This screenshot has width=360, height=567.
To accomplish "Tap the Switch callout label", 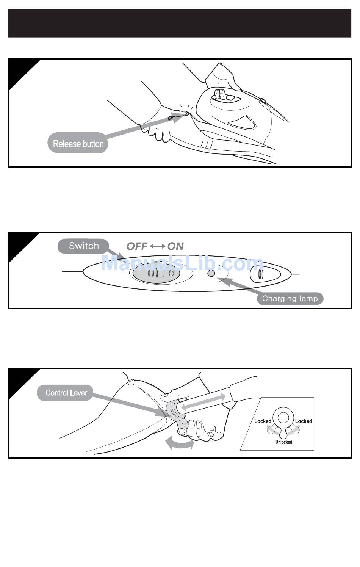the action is pos(83,246).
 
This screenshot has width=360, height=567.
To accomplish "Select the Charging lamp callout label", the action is pos(290,298).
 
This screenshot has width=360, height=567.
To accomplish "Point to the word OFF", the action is pos(137,246).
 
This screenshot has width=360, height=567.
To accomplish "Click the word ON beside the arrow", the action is pos(175,246).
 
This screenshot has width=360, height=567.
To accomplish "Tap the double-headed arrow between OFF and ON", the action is pos(158,246).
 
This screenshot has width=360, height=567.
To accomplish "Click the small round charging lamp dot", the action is pos(211,273).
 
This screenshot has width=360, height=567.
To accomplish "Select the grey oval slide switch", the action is pos(156,273).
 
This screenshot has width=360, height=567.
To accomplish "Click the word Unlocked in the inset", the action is pos(284,442).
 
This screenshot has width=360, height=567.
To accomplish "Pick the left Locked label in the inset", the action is pos(263,421).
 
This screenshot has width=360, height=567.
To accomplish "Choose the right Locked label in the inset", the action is pos(304,421).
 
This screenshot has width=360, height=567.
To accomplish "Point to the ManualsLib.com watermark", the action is pos(182,263).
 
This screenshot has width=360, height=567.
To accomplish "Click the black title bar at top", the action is pos(180,23).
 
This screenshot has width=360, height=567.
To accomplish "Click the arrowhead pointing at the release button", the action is pos(177,118).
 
